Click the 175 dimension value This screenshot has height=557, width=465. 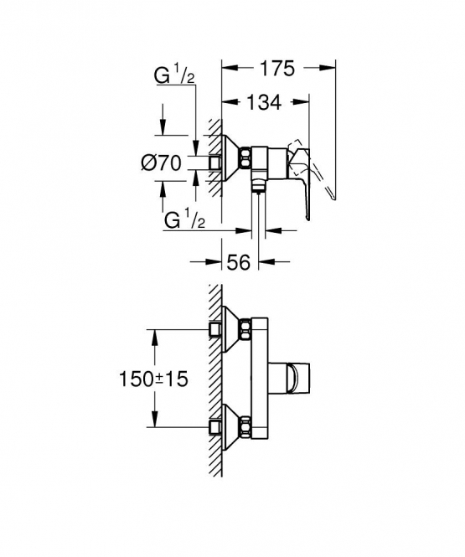point(277,68)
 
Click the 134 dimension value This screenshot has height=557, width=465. point(264,103)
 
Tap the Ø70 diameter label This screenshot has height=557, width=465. point(161,164)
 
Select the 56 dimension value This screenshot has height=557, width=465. point(238,262)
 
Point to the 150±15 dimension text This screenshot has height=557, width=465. point(153,379)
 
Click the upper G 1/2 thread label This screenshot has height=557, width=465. point(174,76)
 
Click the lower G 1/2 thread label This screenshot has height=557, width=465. point(184,220)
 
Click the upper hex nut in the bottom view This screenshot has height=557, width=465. point(245,329)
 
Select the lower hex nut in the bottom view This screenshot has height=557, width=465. point(245,426)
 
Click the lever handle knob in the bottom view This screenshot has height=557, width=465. point(297,379)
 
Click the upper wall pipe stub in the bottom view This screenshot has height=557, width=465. point(215,329)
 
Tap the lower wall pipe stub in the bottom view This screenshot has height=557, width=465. point(215,427)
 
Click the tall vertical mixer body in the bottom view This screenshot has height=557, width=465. point(260,378)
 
